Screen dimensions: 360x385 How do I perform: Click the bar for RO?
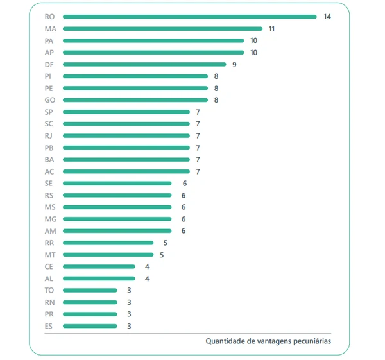[189, 17]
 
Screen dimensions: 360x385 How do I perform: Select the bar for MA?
[162, 29]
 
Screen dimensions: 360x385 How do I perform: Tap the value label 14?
[327, 17]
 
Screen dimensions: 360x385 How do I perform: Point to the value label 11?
[272, 29]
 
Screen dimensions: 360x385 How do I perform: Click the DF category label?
[49, 64]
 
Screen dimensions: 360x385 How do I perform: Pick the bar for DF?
[144, 64]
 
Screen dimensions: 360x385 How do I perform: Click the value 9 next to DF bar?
[235, 64]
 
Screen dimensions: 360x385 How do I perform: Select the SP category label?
[49, 112]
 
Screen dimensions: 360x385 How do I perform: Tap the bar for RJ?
[126, 135]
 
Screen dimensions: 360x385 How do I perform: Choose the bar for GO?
[135, 100]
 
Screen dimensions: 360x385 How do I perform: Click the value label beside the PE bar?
[216, 88]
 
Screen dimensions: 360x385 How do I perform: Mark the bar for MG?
[117, 219]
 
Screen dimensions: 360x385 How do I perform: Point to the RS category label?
[49, 195]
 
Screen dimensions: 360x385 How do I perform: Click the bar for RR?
[108, 243]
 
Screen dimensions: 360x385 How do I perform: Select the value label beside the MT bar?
[162, 255]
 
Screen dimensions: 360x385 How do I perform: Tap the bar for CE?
[99, 266]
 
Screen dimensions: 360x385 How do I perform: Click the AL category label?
[49, 279]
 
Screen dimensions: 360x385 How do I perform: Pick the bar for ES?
[90, 326]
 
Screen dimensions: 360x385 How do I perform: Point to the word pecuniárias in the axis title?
[311, 341]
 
